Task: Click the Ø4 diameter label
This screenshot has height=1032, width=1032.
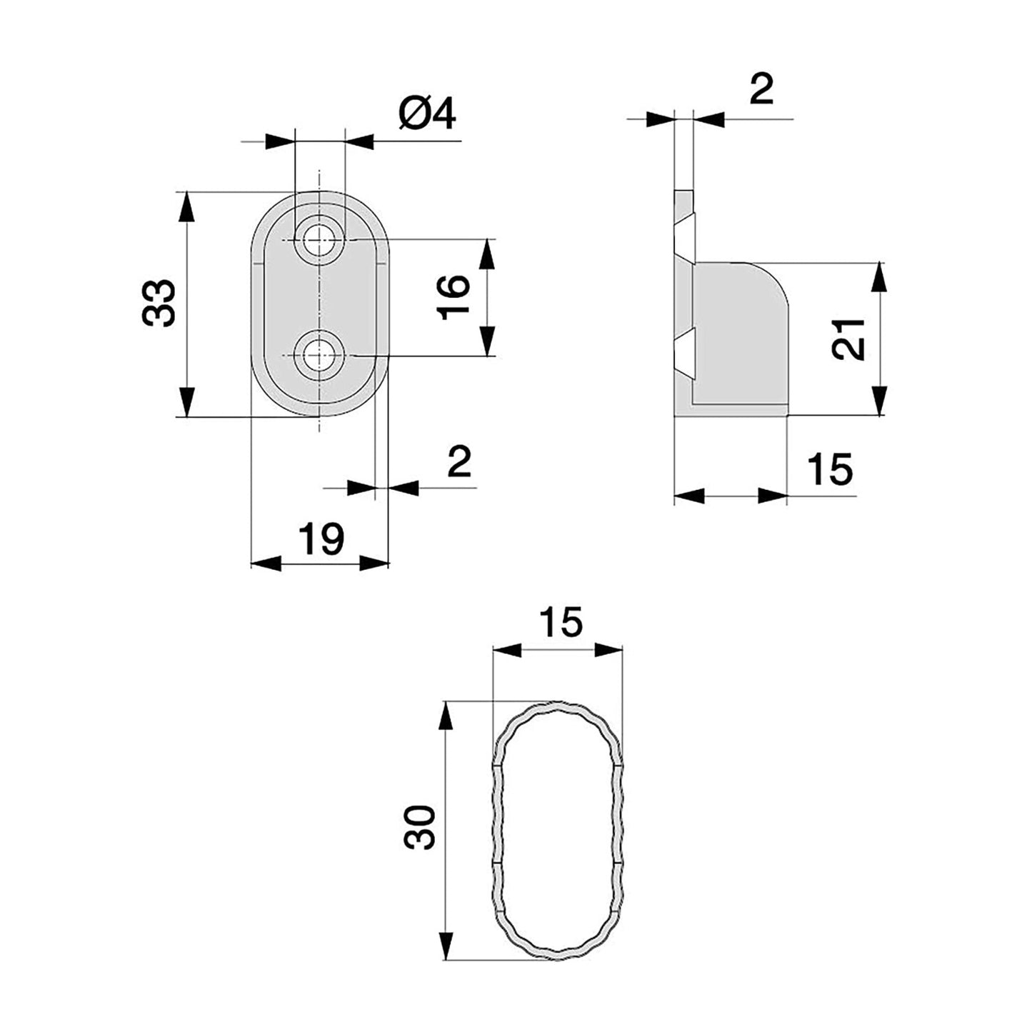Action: [x=427, y=115]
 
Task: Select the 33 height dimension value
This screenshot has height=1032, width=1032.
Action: [x=159, y=303]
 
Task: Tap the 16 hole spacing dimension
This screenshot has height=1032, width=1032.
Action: [x=453, y=297]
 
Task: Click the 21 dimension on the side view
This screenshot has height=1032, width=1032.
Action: [x=848, y=339]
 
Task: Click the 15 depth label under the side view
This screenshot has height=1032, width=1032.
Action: [x=830, y=469]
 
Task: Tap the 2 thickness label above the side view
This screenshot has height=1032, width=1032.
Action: [x=761, y=89]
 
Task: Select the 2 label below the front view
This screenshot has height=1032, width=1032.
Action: [x=459, y=461]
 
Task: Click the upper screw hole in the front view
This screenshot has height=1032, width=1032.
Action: [x=319, y=241]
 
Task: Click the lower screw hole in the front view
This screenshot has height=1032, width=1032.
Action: [x=319, y=356]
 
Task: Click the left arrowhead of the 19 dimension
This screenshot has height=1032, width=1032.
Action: [x=266, y=563]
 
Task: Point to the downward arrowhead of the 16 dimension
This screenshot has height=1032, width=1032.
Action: [x=486, y=341]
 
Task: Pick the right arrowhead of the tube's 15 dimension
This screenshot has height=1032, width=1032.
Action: [x=608, y=650]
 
